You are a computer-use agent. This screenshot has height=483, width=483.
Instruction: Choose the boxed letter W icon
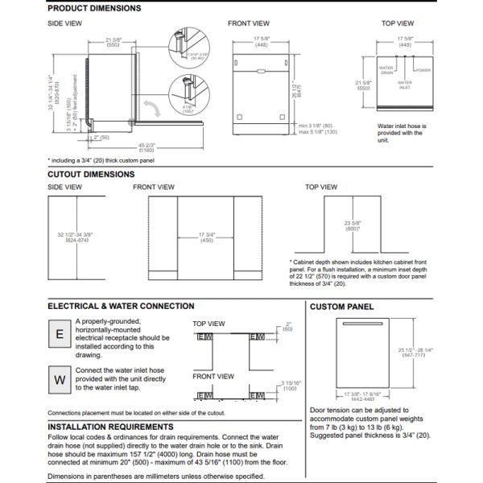point(59,378)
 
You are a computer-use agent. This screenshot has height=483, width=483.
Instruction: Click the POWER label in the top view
point(424,70)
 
